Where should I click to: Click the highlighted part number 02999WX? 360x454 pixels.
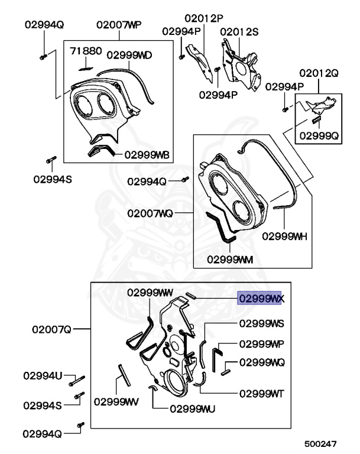click(x=261, y=299)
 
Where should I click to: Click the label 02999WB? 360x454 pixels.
click(x=146, y=155)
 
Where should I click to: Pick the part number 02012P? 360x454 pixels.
click(x=200, y=18)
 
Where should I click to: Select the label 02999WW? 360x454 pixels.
click(x=150, y=292)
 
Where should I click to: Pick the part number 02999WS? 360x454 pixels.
click(x=261, y=323)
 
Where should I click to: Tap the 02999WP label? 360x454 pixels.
click(x=261, y=343)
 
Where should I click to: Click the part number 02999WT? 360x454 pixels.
click(x=261, y=393)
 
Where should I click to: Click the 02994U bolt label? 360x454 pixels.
click(x=43, y=375)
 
